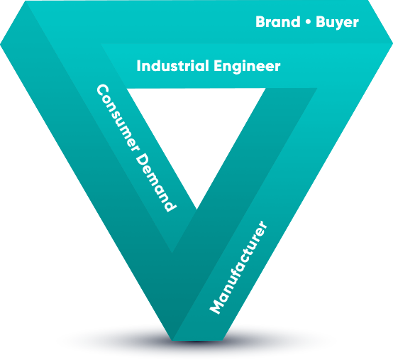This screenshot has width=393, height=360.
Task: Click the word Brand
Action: click(277, 22)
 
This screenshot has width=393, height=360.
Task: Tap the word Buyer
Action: click(337, 23)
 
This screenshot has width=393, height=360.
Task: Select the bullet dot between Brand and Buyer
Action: click(308, 22)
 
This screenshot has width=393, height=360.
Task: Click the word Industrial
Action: click(173, 66)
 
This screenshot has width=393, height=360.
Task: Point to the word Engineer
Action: click(247, 67)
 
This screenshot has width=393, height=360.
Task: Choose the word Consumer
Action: click(118, 118)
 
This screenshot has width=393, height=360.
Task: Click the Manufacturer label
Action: click(238, 267)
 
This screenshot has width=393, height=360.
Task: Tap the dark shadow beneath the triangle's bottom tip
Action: click(196, 342)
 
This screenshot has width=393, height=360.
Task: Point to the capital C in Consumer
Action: click(103, 92)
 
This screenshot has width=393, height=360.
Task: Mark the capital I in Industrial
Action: click(138, 66)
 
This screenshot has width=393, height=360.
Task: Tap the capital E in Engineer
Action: click(218, 66)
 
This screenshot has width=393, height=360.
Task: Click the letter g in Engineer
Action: click(240, 68)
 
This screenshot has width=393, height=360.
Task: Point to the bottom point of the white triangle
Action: click(196, 209)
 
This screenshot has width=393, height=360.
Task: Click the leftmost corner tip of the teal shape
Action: click(1, 45)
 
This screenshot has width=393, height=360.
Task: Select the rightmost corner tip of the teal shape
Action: click(392, 43)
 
